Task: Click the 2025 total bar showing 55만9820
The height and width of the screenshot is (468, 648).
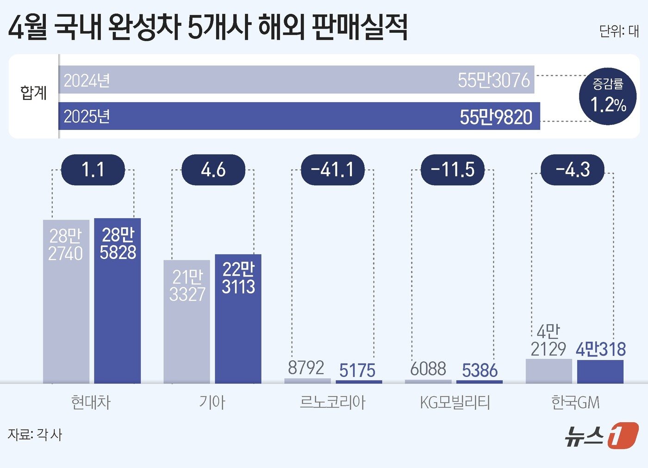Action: pos(299,116)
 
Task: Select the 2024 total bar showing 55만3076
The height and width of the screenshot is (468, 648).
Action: pos(296,80)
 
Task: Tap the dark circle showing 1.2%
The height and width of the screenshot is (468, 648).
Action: pos(608,97)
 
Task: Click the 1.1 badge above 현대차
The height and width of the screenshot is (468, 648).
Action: pos(93,170)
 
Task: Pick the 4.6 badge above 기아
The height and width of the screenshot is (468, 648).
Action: pos(213,170)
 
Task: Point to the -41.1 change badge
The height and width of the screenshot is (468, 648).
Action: pos(333,170)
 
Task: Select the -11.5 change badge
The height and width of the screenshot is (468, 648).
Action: pos(453,170)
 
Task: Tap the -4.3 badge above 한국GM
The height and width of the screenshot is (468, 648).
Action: pos(573,170)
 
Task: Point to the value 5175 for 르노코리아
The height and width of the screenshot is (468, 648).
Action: pos(357,370)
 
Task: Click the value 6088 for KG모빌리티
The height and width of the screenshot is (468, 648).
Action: pos(428,369)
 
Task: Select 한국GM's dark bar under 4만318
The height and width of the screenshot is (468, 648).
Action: pos(600,371)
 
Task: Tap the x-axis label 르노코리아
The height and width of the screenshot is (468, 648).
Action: pos(333,402)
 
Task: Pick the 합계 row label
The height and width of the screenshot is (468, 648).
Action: pos(34,93)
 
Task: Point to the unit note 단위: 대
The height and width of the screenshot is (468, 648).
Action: pos(619,31)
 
